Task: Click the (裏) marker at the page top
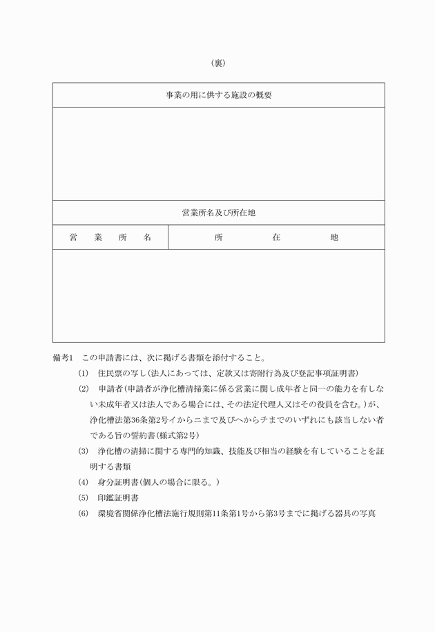point(217,63)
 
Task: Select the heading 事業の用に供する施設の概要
point(218,95)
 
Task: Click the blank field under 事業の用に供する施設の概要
point(218,153)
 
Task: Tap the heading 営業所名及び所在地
point(218,213)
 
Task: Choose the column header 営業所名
point(110,237)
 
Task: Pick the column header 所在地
point(276,237)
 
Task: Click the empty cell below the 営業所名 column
point(110,295)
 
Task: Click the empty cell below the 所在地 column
point(276,295)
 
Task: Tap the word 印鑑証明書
point(119,497)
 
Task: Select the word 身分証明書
point(119,482)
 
